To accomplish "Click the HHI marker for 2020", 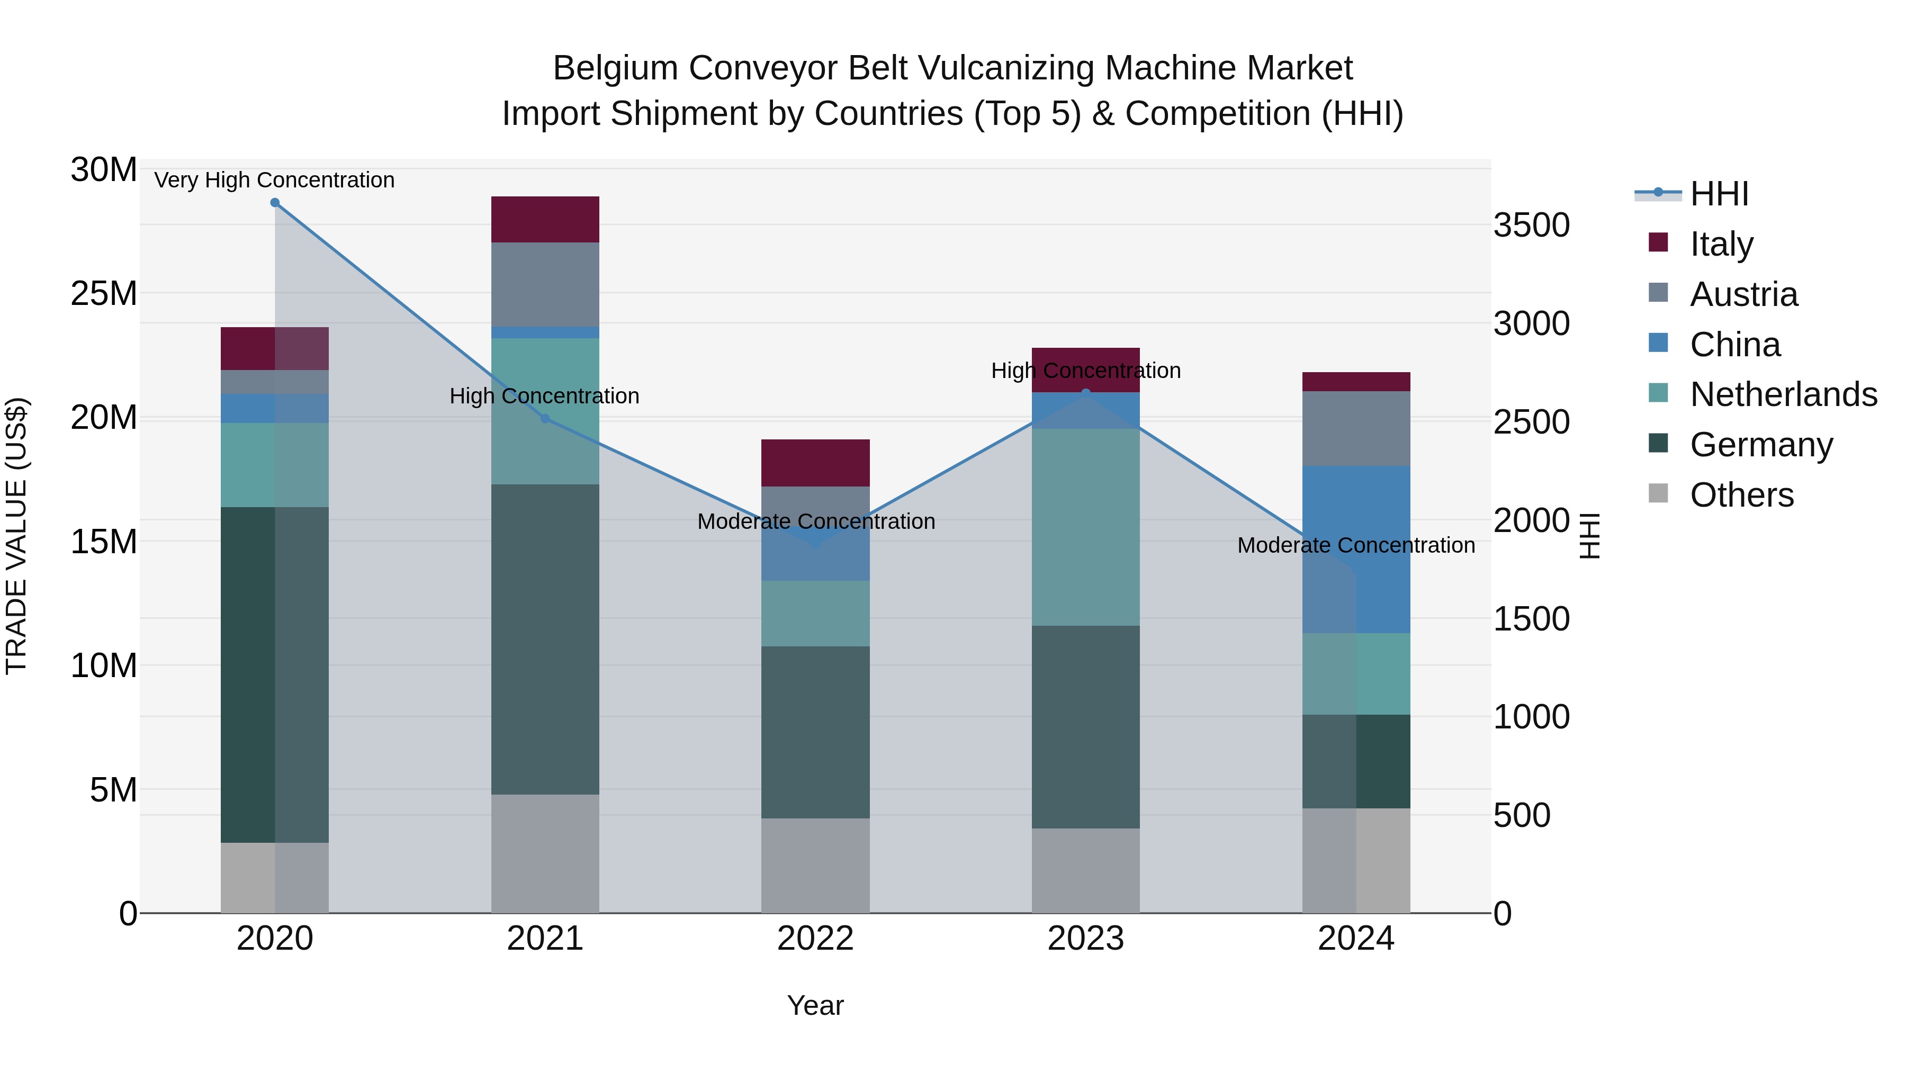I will coord(274,203).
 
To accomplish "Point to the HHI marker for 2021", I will coord(545,419).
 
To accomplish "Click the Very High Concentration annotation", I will coord(274,181).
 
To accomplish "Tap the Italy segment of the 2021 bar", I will coord(545,220).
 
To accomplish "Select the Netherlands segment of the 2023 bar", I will coord(1085,527).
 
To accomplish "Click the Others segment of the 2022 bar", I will coord(815,866).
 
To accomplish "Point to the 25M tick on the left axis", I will coord(104,294).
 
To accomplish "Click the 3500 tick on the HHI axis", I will coord(1531,225).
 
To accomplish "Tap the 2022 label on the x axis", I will coord(815,939).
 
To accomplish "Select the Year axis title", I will coord(815,1005).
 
